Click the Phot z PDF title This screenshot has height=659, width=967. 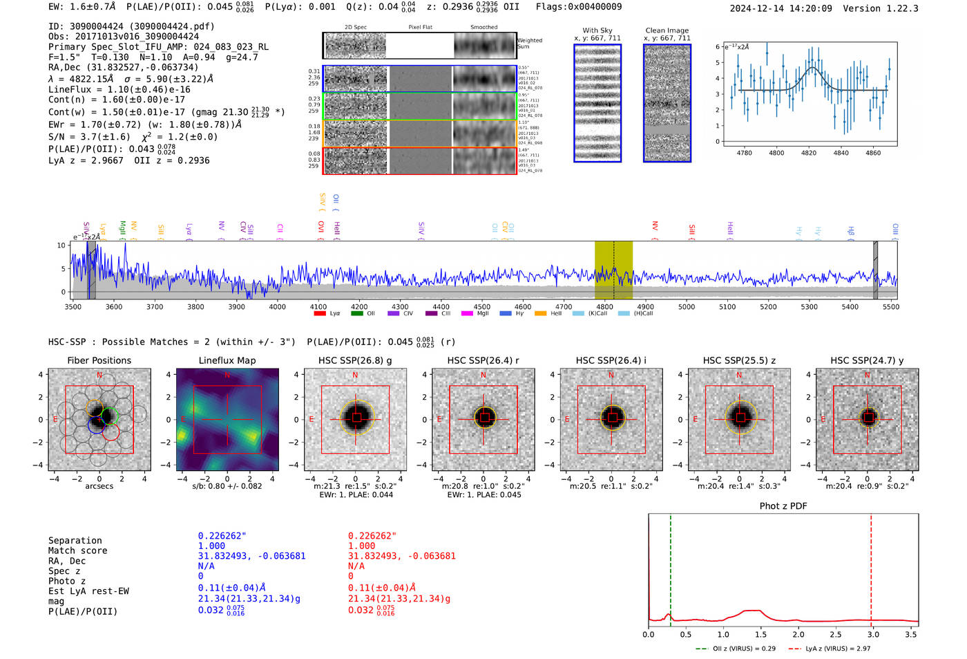(783, 505)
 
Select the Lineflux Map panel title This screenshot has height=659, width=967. (227, 360)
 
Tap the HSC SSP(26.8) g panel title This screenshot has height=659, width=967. (355, 360)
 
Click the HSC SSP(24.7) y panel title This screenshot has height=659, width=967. (867, 360)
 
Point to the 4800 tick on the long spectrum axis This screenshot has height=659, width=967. (604, 306)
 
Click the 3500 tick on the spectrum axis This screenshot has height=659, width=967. (73, 306)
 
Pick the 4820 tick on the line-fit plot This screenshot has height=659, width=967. (809, 153)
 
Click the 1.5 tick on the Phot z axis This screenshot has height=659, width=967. (760, 634)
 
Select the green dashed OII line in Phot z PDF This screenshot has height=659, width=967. (670, 567)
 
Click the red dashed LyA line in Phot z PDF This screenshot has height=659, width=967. (871, 567)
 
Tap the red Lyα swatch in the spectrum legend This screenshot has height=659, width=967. (320, 314)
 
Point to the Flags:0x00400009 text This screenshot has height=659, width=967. (578, 6)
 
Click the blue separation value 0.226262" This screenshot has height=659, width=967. (222, 536)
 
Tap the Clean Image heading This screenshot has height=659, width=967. (667, 30)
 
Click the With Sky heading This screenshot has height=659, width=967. (597, 30)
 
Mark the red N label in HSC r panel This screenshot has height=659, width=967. (483, 375)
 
